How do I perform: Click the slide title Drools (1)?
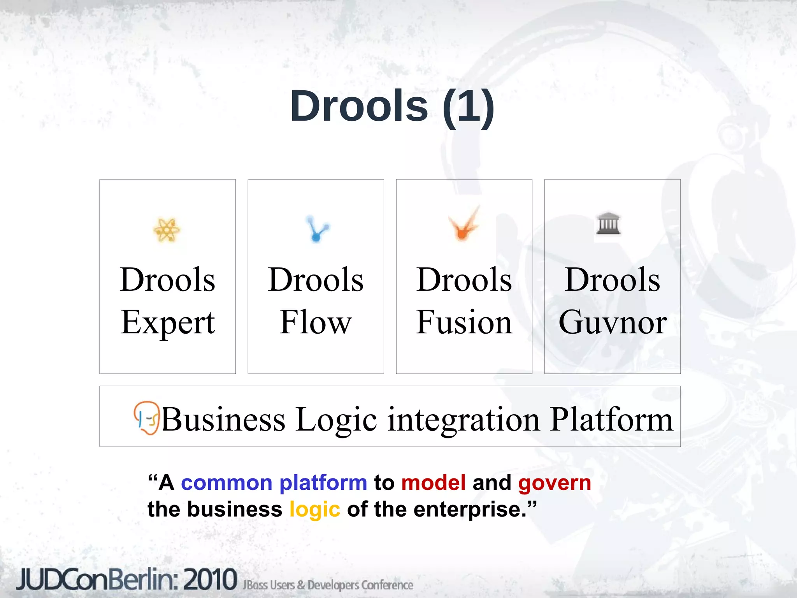(x=392, y=106)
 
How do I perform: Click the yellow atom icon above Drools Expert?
(x=167, y=230)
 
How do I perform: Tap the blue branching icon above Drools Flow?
(x=317, y=229)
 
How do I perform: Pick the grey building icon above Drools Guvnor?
(x=609, y=223)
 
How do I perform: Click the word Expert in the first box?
(x=167, y=322)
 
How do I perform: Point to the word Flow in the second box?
(x=316, y=322)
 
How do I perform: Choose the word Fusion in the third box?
(x=464, y=322)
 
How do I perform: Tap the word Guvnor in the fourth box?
(x=613, y=322)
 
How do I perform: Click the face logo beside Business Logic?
(x=147, y=418)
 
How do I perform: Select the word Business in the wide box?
(x=223, y=420)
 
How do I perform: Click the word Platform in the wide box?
(x=611, y=420)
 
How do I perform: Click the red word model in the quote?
(x=433, y=483)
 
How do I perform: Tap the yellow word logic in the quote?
(x=315, y=510)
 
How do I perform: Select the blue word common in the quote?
(x=226, y=483)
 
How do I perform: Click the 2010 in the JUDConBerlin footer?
(x=210, y=579)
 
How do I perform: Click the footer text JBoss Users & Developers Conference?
(x=328, y=585)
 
